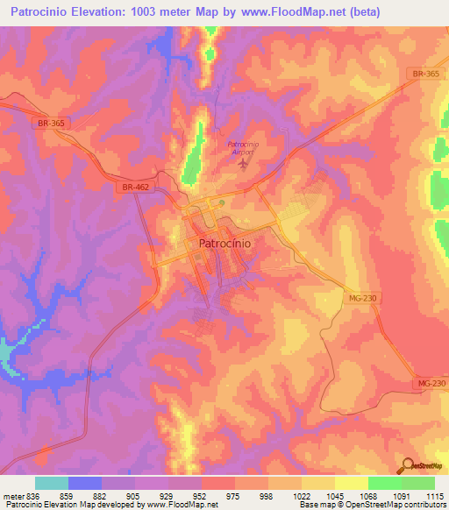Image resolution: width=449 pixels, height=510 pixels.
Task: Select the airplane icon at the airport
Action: point(243,165)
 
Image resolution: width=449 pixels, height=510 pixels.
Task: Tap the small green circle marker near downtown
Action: point(222,202)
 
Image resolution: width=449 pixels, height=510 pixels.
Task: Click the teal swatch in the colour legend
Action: point(51,483)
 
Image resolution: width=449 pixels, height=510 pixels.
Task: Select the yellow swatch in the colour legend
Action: point(351,483)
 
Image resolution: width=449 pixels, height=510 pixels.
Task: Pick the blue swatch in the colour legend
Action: point(84,483)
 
